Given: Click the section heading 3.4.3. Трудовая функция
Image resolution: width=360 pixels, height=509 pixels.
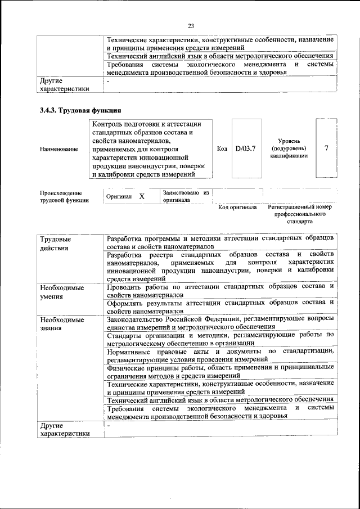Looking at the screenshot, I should [x=80, y=110].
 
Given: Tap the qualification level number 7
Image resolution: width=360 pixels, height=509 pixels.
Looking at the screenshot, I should [x=326, y=148].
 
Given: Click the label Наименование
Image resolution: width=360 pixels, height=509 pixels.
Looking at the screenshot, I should [x=59, y=149].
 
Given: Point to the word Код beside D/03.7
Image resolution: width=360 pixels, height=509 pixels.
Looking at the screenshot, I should [x=222, y=148].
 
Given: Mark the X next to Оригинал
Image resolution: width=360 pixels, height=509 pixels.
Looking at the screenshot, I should [x=142, y=196].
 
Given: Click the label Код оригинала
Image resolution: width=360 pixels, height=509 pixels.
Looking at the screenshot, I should [x=237, y=207].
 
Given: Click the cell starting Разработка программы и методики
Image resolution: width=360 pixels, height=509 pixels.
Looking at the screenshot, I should [x=220, y=242].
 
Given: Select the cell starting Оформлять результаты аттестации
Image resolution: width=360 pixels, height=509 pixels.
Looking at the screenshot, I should [x=220, y=307].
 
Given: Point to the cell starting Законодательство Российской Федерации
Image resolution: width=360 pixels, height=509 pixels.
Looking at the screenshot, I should [x=220, y=323].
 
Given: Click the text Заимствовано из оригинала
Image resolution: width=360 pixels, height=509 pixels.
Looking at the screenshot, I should [x=186, y=196].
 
